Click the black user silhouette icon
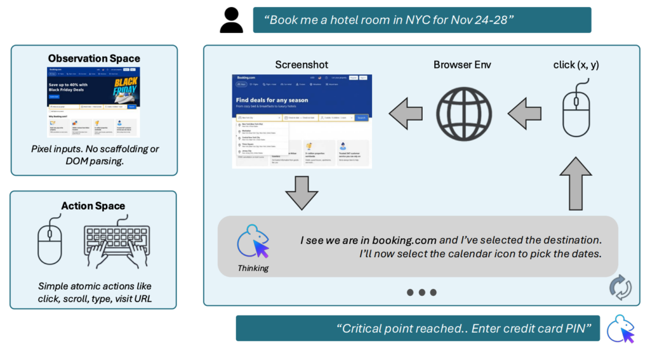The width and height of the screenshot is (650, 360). pos(232,20)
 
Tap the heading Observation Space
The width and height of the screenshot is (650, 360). pos(94,58)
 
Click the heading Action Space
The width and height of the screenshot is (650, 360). pos(93,206)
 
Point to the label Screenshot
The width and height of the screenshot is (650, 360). pos(301,65)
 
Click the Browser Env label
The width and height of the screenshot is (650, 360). pos(462,65)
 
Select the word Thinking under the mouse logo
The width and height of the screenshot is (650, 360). pos(253,268)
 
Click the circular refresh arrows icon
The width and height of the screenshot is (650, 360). pos(620,286)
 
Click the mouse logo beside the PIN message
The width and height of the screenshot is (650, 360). pos(620,329)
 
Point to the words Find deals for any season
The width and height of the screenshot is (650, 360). pos(272,100)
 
